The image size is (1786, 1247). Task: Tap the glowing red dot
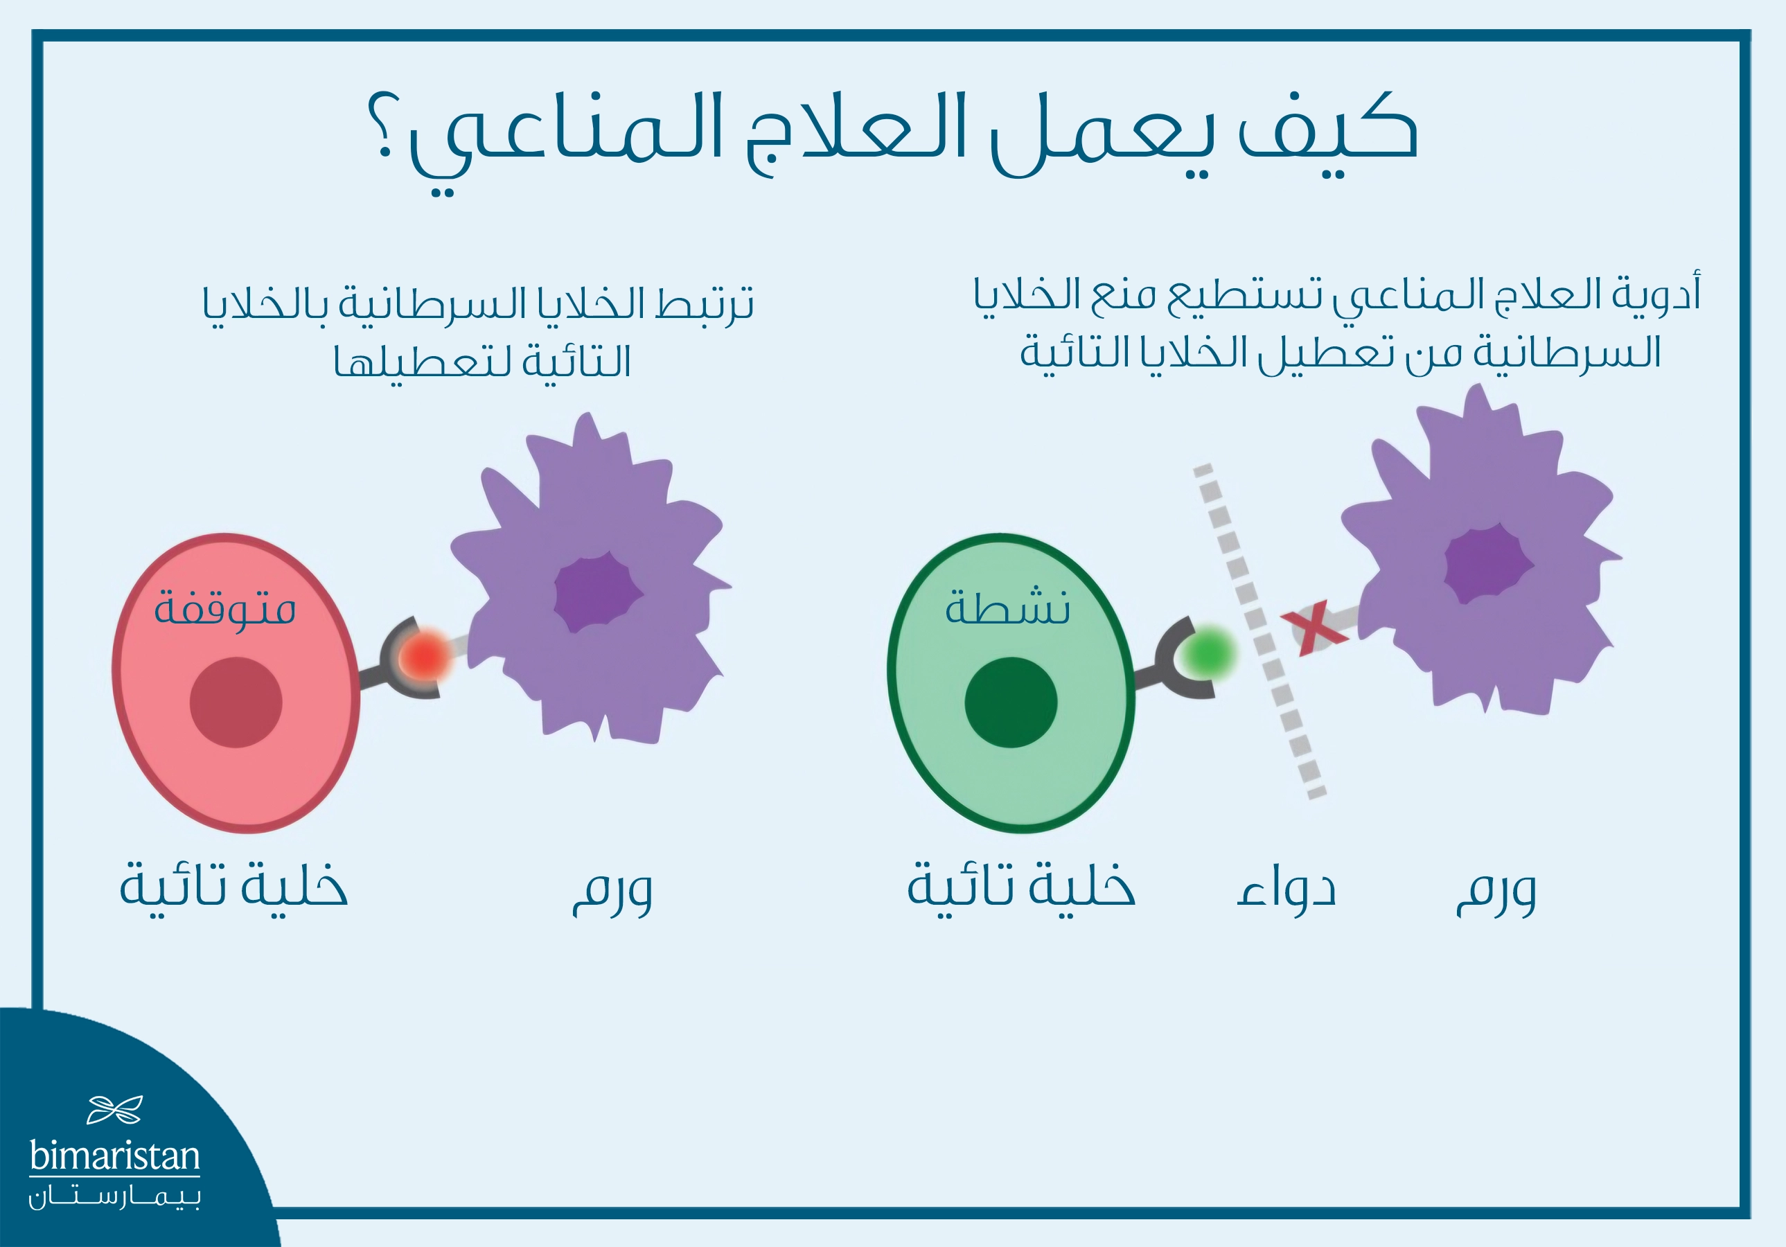pos(425,657)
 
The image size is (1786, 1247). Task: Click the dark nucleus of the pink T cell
pos(236,702)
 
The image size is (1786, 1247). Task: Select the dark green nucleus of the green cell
pos(1011,702)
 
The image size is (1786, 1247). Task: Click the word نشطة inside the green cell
pos(1007,608)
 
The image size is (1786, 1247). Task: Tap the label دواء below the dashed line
pos(1286,887)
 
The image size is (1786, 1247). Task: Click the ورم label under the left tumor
pos(612,891)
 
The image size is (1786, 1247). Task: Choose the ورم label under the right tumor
pos(1496,891)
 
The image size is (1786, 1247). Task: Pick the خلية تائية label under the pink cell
pos(233,886)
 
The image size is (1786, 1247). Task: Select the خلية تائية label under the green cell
pos(1021,886)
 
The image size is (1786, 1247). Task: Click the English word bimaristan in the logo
pos(114,1156)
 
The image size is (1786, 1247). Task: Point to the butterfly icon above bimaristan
pos(114,1110)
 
